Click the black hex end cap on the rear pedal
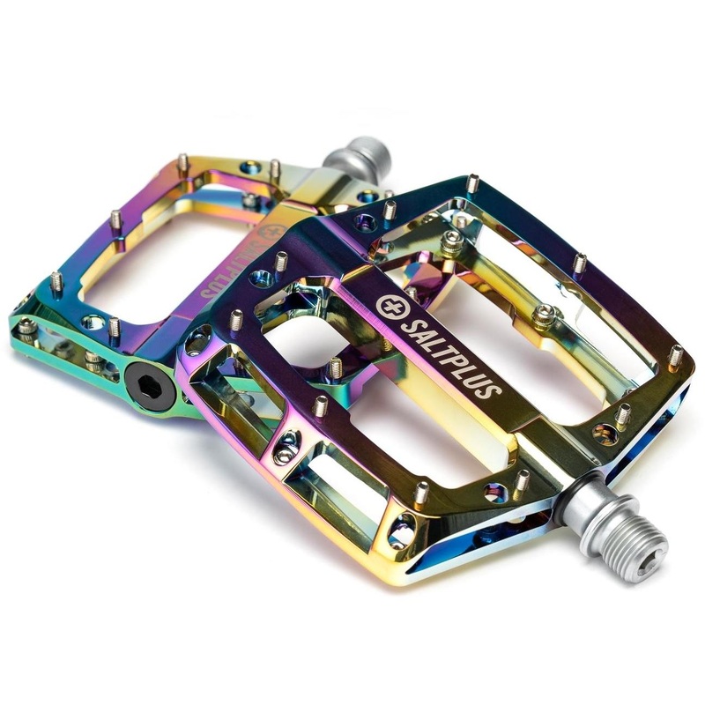pos(146,384)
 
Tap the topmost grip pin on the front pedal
pos(472,183)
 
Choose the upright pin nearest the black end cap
pos(114,327)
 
